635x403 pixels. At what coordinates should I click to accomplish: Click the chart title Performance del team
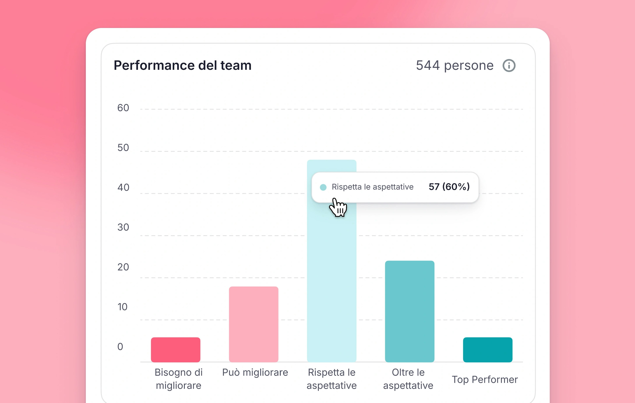[183, 65]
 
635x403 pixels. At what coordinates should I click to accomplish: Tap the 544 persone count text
[454, 65]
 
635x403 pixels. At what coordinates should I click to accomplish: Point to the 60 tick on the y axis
[123, 108]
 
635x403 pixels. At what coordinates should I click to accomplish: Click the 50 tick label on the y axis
[123, 148]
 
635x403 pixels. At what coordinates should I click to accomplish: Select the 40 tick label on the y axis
[123, 188]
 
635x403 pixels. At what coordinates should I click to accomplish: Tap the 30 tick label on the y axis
[123, 227]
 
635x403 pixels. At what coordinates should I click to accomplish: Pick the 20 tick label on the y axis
[123, 267]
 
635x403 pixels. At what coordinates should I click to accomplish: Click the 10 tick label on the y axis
[122, 307]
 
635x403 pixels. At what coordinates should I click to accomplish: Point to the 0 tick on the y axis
[120, 347]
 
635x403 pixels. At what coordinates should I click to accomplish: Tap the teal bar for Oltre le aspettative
[410, 311]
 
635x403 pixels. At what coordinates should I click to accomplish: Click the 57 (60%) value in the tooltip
[449, 187]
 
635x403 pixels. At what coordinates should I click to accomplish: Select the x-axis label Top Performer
[485, 380]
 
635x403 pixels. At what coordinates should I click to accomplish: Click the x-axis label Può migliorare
[255, 372]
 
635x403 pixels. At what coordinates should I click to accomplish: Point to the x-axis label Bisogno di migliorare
[179, 379]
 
